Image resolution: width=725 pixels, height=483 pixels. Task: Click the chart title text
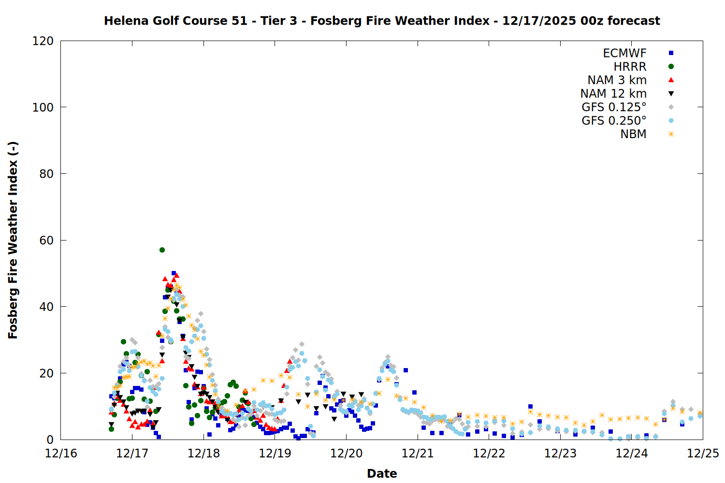(382, 21)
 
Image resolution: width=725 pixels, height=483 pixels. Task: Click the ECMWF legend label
(624, 53)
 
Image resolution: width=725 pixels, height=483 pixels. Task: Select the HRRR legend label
(630, 67)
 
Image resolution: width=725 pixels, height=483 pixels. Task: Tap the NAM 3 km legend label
(617, 80)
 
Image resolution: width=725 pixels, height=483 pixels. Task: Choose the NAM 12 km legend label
(613, 94)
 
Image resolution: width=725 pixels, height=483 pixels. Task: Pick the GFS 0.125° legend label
(614, 107)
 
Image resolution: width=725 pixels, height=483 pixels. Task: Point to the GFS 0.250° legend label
(614, 121)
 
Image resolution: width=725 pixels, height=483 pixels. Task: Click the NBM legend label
(633, 134)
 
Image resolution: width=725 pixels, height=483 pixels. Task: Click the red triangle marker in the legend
(671, 80)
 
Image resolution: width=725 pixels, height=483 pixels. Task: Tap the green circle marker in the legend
(671, 67)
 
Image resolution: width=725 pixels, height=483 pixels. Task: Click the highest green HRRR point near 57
(162, 250)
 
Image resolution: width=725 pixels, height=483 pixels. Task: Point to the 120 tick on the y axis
(43, 41)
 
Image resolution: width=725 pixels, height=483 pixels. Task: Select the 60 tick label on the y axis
(46, 240)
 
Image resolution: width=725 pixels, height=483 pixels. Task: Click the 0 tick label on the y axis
(50, 440)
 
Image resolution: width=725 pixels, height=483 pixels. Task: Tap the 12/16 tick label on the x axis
(61, 454)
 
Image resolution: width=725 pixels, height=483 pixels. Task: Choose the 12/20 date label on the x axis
(346, 454)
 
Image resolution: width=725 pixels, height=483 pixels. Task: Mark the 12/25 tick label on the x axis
(703, 454)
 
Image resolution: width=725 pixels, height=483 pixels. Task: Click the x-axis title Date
(382, 473)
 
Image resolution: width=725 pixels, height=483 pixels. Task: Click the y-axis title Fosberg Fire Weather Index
(13, 240)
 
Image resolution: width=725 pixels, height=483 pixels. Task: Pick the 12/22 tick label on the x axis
(489, 454)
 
